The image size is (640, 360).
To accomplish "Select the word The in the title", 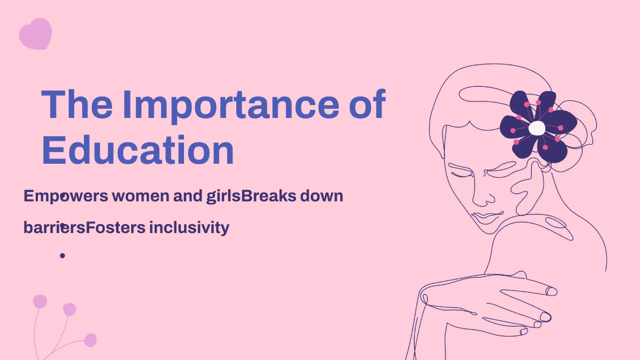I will tap(77, 105).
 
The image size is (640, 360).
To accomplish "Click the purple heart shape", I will tap(35, 33).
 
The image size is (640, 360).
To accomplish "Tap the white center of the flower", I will tap(537, 128).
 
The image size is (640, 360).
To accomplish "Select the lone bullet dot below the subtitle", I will tap(62, 256).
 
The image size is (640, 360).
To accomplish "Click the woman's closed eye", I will tap(461, 172).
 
